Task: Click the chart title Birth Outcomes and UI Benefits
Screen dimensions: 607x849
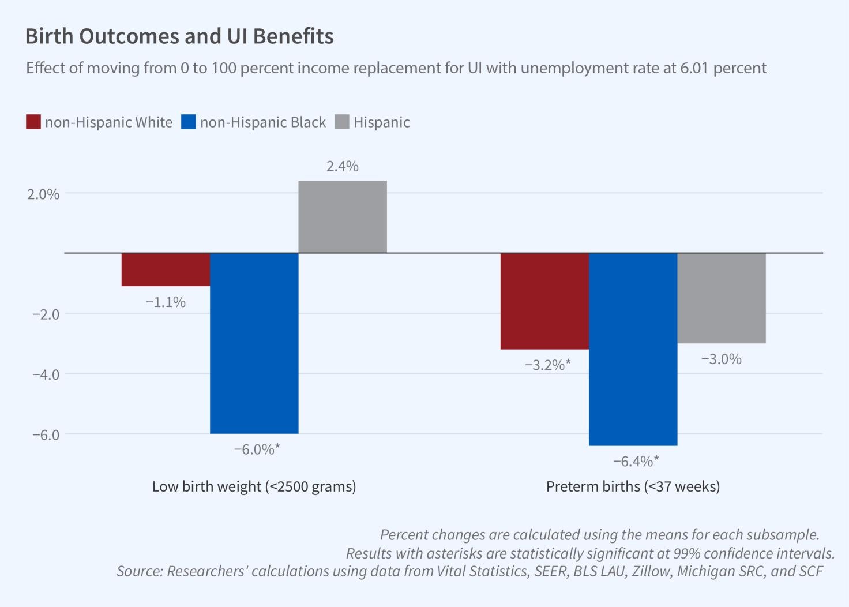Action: point(179,36)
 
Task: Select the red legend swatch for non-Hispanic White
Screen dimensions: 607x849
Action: point(33,122)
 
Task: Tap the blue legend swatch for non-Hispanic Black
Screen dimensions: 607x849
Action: point(189,122)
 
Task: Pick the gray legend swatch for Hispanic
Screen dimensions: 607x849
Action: point(342,122)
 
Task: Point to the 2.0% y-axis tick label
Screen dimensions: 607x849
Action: point(43,194)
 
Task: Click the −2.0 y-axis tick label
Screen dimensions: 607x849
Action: point(46,314)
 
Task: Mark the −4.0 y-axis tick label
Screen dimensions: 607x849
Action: point(46,374)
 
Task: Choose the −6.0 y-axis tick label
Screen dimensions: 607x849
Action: point(46,434)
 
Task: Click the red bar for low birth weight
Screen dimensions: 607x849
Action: point(166,269)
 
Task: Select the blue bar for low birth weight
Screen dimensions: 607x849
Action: point(254,343)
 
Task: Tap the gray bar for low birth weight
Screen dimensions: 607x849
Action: point(343,217)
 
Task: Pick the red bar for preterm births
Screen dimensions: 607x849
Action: point(544,301)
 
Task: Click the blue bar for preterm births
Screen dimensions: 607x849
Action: point(633,349)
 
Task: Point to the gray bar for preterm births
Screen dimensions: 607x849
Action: point(722,298)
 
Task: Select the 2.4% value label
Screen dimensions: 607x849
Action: point(343,166)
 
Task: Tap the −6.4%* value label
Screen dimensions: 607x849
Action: point(636,461)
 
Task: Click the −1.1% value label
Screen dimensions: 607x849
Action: point(166,302)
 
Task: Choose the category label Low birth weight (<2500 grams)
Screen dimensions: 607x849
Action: point(254,486)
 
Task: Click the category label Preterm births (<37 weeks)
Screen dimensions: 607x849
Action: point(633,486)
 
